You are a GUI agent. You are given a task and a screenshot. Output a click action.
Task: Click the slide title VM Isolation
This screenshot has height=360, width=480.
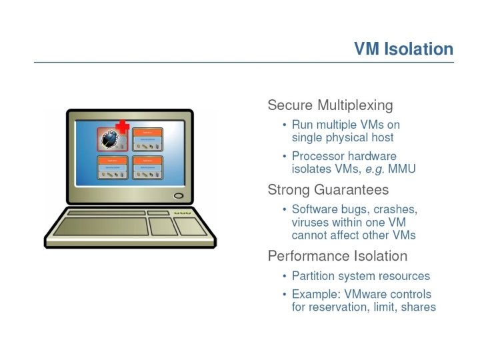click(x=403, y=49)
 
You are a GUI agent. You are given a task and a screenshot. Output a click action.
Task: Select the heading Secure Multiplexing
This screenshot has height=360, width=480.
click(x=330, y=105)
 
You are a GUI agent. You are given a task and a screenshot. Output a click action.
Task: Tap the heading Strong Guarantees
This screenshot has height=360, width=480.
click(x=329, y=189)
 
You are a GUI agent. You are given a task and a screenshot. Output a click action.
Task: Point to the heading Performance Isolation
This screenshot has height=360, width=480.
click(x=337, y=256)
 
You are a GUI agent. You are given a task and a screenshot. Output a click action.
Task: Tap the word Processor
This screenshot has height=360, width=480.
click(x=317, y=156)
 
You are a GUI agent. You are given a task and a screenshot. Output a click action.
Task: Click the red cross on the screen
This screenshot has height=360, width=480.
click(x=122, y=127)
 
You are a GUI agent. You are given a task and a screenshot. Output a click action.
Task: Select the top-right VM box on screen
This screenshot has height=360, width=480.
click(x=147, y=139)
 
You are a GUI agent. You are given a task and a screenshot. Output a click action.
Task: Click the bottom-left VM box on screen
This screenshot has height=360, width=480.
click(x=113, y=168)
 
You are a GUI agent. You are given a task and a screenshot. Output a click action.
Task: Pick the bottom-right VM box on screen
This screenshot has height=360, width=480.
click(x=147, y=168)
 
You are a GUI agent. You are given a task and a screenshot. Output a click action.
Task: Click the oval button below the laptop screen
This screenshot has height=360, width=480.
click(x=178, y=196)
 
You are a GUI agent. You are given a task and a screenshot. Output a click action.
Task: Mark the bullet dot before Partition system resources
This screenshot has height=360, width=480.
click(x=285, y=276)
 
